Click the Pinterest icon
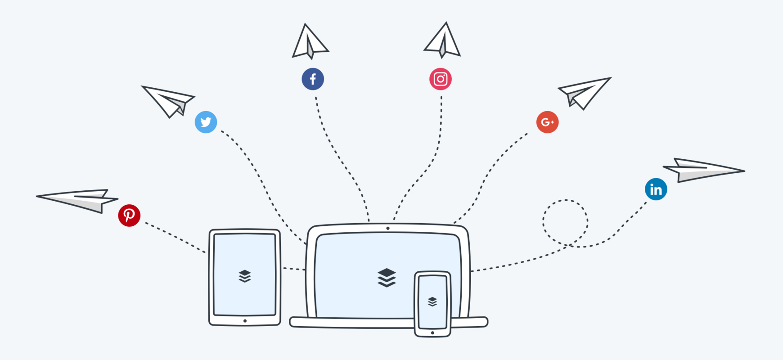point(129,216)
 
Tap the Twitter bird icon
point(206,122)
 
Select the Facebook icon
point(313,79)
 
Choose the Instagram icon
point(441,79)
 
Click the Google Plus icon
point(547,122)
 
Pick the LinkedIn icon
point(656,189)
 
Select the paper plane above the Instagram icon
point(443,42)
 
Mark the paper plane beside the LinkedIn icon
point(702,170)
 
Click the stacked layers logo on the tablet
point(245,276)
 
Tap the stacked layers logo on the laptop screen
point(387,277)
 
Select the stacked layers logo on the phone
point(432,301)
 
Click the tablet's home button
point(245,321)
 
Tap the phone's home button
point(432,333)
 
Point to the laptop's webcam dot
point(388,228)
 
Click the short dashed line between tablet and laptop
point(294,269)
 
